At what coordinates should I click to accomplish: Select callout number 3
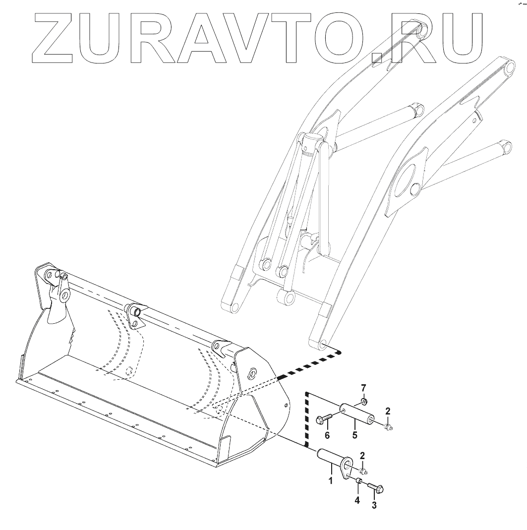point(374,505)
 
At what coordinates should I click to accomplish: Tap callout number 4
point(356,500)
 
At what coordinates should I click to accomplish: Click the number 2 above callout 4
point(363,455)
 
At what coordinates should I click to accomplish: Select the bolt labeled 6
point(324,418)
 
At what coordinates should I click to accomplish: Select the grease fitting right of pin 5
point(388,425)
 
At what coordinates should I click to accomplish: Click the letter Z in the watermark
point(60,35)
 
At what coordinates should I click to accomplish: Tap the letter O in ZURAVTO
point(337,35)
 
